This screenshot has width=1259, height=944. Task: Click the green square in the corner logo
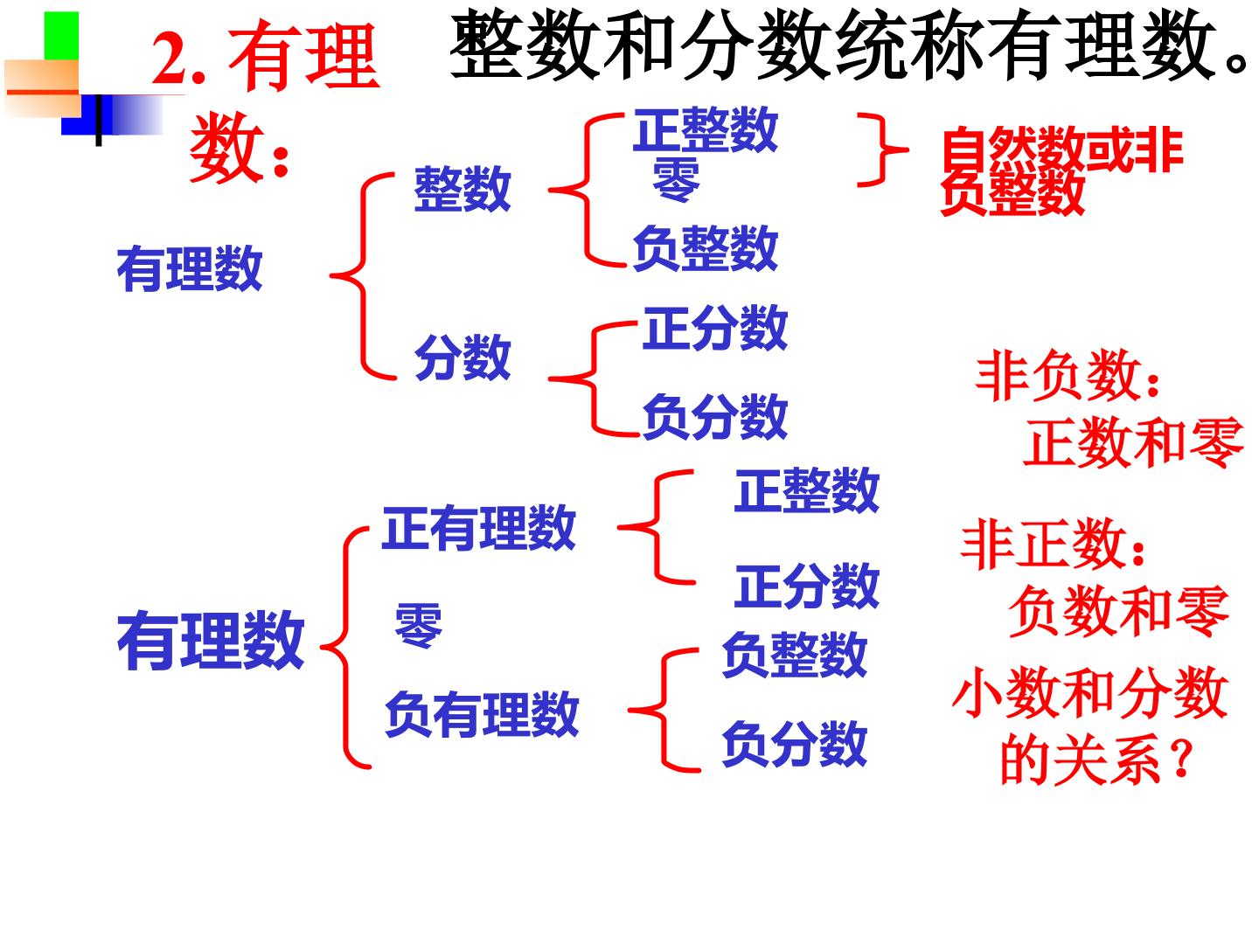point(61,36)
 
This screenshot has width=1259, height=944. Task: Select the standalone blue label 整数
point(463,189)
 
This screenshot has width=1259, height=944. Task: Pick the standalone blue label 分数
point(463,357)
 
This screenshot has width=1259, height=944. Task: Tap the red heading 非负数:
point(1068,376)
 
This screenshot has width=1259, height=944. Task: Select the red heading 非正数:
point(1053,544)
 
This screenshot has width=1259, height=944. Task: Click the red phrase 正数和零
point(1133,442)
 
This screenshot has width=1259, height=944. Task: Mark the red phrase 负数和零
point(1119,611)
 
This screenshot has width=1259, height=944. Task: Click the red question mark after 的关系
point(1182,759)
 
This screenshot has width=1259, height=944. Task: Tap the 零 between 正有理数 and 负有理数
point(419,625)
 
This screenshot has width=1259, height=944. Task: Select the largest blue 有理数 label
point(211,640)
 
